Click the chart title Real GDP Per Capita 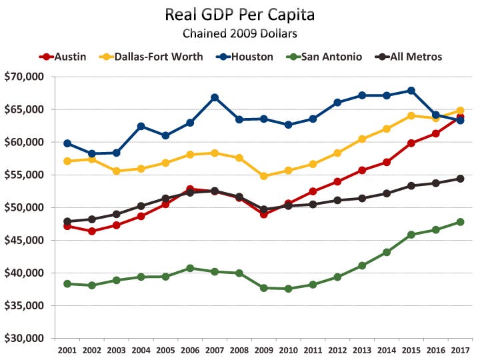(240, 15)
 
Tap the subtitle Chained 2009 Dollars (240, 33)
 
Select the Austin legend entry (63, 57)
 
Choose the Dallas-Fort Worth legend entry (151, 57)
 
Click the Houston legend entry (245, 57)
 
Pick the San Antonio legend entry (324, 57)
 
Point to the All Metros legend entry (409, 57)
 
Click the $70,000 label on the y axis (24, 77)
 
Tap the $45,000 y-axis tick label (24, 240)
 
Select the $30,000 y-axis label (24, 338)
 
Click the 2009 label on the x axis (264, 350)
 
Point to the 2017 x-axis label (461, 350)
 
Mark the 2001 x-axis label (67, 350)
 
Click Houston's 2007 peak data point (215, 97)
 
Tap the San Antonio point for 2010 (289, 289)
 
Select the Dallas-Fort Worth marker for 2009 (264, 176)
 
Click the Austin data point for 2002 (92, 231)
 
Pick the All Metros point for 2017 (461, 179)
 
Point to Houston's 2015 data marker (411, 91)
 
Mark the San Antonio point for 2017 (461, 222)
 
